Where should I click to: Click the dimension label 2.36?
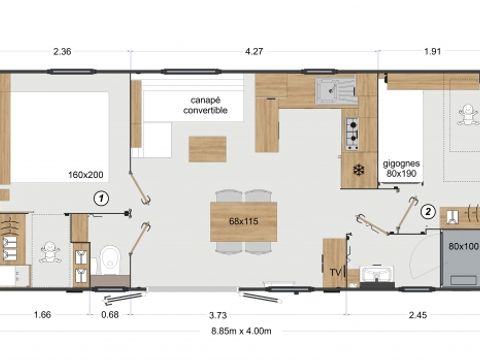(x=62, y=53)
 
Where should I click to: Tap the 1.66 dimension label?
(x=43, y=315)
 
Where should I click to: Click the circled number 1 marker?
(x=99, y=198)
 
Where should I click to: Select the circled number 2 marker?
(x=427, y=211)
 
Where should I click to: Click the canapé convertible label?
(x=205, y=105)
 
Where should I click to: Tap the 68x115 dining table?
(x=243, y=220)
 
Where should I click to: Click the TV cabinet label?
(x=333, y=269)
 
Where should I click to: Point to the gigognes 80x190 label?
(x=402, y=166)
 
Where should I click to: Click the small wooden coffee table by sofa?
(x=207, y=148)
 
